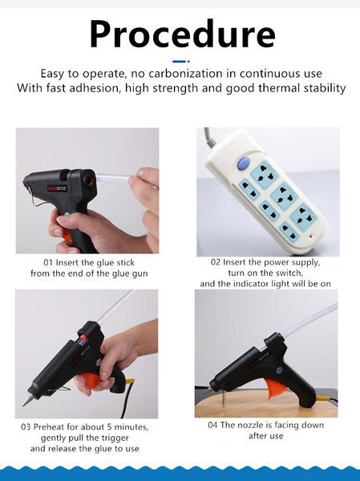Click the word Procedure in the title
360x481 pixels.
pos(182,34)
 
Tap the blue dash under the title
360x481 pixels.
pos(180,62)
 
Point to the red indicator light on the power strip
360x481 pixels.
pos(311,237)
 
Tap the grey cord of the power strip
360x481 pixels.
pos(208,136)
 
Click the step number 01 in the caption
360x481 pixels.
pos(48,263)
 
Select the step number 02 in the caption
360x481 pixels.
pos(216,262)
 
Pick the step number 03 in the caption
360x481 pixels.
pos(26,427)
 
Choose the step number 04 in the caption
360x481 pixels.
pos(212,425)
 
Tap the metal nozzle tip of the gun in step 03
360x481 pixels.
pos(26,401)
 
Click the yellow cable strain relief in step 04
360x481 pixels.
pos(322,398)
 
